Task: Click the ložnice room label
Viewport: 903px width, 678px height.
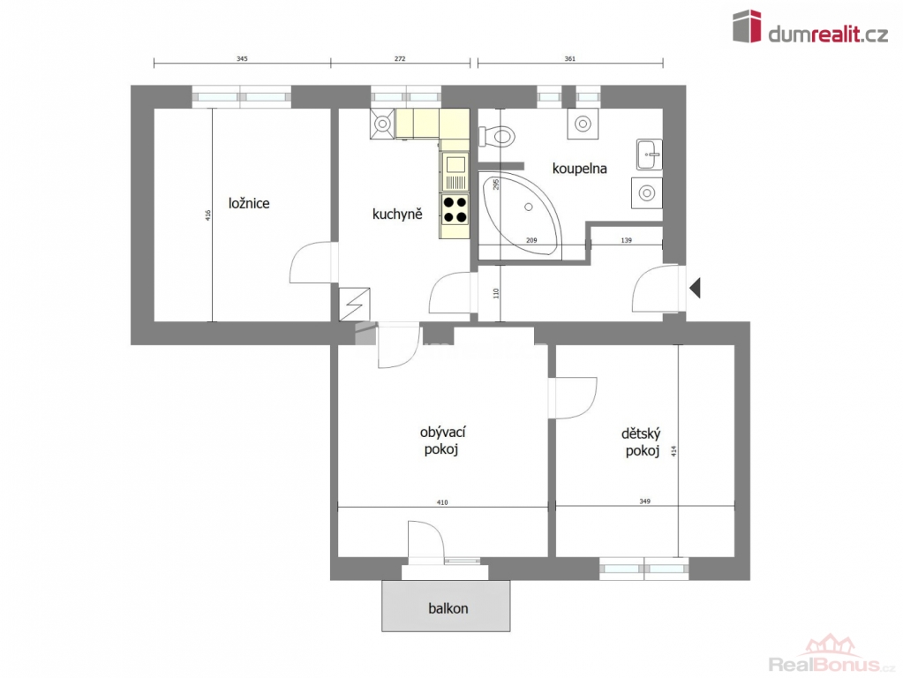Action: coord(249,203)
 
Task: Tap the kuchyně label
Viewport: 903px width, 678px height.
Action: coord(397,215)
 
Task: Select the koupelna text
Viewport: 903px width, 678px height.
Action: coord(579,169)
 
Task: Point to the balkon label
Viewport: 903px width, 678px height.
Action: coord(448,608)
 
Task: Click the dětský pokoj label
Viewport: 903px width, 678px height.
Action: coord(642,441)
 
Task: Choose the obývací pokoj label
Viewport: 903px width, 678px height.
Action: coord(442,441)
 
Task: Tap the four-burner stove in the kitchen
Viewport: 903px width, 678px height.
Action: coord(455,210)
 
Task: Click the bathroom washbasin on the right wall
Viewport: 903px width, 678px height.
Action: coord(650,154)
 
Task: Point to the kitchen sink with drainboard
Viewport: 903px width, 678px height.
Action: coord(455,171)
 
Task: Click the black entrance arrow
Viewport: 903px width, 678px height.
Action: coord(695,288)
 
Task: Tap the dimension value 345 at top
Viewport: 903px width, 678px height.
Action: coord(242,59)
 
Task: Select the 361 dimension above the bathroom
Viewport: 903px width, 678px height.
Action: coord(569,59)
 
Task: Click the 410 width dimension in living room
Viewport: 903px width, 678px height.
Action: coord(441,502)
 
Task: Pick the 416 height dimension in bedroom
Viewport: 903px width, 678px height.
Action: coord(208,215)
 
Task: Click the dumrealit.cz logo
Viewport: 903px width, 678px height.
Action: coord(810,26)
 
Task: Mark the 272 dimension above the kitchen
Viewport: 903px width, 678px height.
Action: coord(400,59)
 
